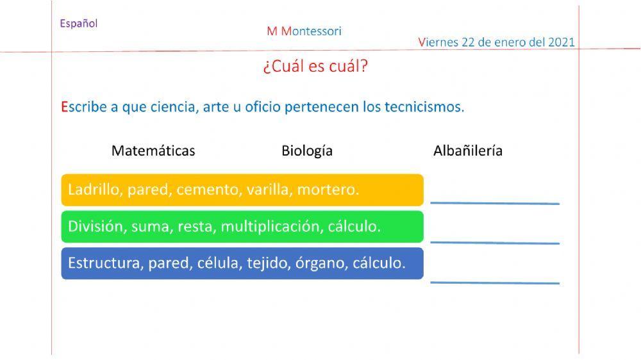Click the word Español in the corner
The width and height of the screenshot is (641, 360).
click(x=79, y=24)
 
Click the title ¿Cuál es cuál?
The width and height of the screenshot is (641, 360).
click(x=315, y=67)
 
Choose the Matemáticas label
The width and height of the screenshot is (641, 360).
click(x=153, y=151)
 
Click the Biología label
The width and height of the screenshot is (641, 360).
click(x=307, y=151)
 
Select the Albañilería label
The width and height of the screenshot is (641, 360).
click(x=468, y=151)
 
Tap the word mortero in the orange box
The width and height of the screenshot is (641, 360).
click(x=328, y=190)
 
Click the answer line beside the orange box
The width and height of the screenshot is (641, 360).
click(x=495, y=202)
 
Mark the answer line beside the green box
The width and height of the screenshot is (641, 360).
click(x=495, y=242)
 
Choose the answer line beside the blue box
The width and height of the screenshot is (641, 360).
click(x=495, y=282)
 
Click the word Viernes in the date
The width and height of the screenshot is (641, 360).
click(x=438, y=42)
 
